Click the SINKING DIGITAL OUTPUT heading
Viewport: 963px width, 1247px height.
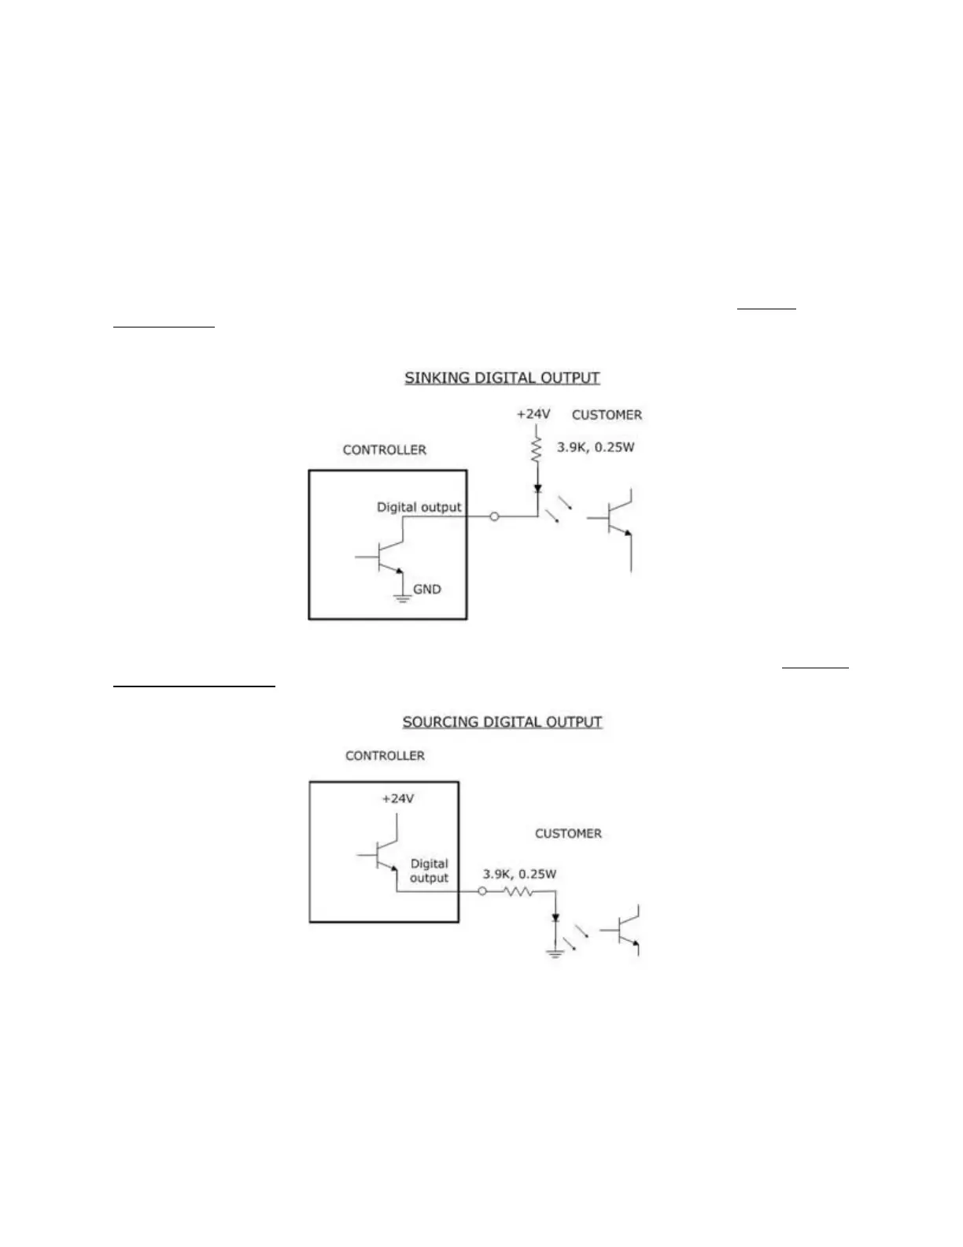(502, 378)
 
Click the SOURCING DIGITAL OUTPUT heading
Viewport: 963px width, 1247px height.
(502, 722)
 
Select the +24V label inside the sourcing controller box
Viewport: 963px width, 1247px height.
(397, 798)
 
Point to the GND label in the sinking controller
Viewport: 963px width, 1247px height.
(427, 589)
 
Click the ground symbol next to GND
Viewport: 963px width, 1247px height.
(402, 598)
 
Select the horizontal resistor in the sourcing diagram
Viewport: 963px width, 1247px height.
(518, 892)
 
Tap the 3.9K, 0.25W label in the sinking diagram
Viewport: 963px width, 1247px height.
(596, 447)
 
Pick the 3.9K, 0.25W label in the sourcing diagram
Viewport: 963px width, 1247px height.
(519, 874)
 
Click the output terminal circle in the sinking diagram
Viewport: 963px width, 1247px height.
(494, 516)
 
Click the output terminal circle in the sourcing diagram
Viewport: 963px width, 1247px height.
(482, 892)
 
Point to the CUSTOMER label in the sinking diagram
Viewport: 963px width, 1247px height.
(607, 415)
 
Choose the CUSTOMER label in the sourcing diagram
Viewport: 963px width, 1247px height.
(568, 834)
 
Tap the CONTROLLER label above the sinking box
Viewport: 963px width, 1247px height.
(385, 450)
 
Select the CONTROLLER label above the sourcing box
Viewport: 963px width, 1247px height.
(385, 756)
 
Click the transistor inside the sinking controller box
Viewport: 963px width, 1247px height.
(386, 557)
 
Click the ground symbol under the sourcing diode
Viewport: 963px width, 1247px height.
(555, 953)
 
